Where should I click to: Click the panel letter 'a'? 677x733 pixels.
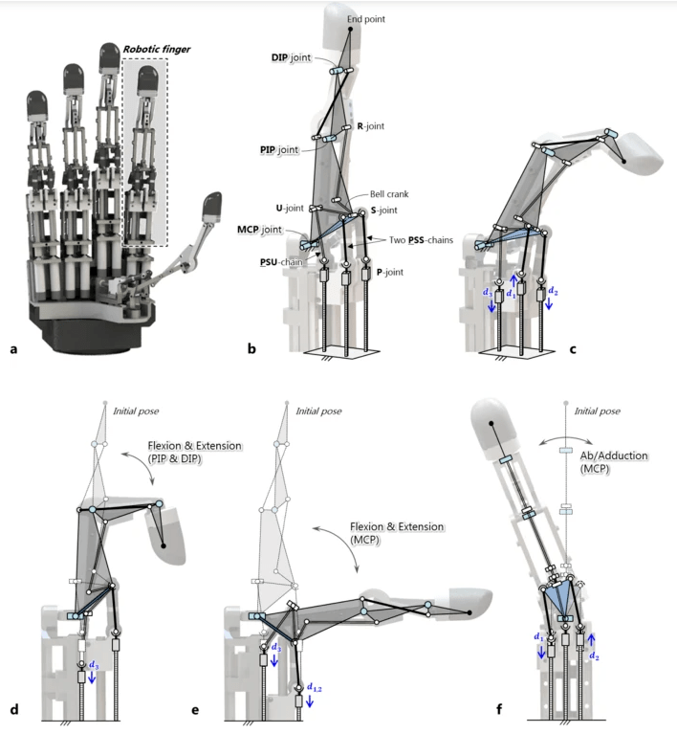[13, 349]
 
